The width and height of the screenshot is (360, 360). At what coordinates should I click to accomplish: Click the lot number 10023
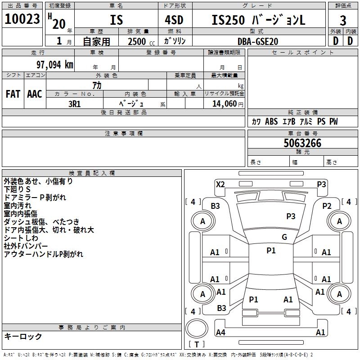coord(22,19)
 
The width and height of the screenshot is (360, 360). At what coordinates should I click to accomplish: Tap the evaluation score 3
coord(343,20)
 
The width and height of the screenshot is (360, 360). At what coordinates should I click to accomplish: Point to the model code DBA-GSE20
coord(258,41)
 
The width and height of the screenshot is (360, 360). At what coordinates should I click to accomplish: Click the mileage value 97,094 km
coord(52,64)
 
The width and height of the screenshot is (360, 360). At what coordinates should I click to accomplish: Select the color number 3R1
coord(74,103)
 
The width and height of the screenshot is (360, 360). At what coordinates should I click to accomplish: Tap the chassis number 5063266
coord(302,143)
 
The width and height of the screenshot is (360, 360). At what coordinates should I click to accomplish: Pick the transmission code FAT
coord(13,94)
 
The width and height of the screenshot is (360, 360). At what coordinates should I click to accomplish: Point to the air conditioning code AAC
coord(35,94)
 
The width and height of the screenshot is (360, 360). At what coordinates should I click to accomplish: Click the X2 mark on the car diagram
coord(220,184)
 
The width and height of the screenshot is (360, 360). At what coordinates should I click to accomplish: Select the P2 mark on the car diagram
coord(327,206)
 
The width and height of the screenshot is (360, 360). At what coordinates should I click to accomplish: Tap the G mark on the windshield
coord(284,237)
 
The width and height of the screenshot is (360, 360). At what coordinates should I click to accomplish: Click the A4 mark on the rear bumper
coord(220,333)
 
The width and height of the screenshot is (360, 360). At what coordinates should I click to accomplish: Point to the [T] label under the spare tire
coord(197,344)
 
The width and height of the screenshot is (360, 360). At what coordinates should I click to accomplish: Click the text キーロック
coord(23,336)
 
